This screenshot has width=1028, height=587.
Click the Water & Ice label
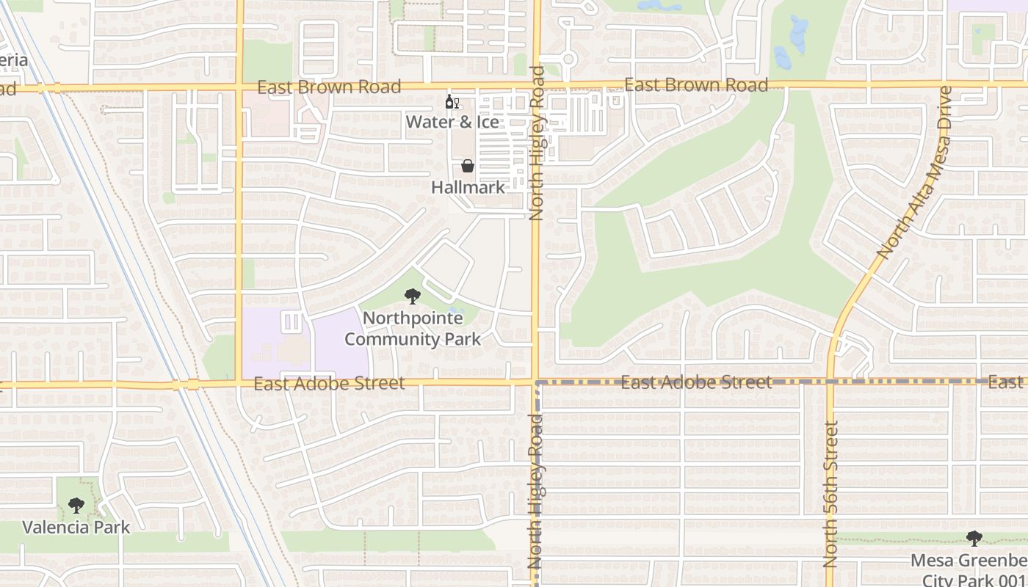point(452,122)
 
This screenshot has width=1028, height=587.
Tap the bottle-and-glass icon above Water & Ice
point(452,102)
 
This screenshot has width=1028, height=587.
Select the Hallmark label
point(468,187)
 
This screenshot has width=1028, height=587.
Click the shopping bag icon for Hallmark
point(468,167)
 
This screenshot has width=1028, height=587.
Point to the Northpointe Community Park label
point(413,329)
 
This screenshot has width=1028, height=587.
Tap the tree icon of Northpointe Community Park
point(413,296)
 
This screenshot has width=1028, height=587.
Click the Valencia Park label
point(76,527)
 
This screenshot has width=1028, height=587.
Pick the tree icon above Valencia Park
point(76,506)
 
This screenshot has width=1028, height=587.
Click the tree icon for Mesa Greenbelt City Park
point(974,539)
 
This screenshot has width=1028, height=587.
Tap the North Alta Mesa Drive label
point(914,173)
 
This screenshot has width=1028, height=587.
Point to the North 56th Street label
point(830,494)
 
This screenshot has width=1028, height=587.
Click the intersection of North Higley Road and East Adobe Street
point(536,382)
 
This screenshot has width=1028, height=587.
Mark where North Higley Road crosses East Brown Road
point(536,85)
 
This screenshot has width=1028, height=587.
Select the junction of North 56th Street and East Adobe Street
point(830,382)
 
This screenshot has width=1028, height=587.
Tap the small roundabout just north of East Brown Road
point(568,59)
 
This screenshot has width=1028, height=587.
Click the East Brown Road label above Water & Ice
point(329,87)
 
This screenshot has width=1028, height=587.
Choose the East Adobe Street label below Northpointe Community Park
point(329,384)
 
